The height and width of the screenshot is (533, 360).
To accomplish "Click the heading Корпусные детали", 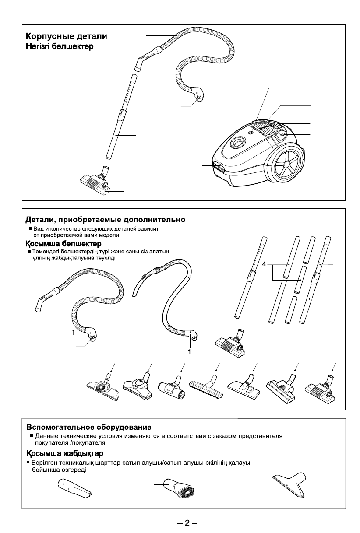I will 67,36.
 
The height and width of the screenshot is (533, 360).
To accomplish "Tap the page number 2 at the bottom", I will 187,523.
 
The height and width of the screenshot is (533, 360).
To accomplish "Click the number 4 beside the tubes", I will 264,265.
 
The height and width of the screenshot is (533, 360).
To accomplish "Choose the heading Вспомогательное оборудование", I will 89,427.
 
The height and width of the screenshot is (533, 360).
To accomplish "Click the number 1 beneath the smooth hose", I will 190,351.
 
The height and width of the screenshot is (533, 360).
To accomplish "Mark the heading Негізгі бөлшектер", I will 59,46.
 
